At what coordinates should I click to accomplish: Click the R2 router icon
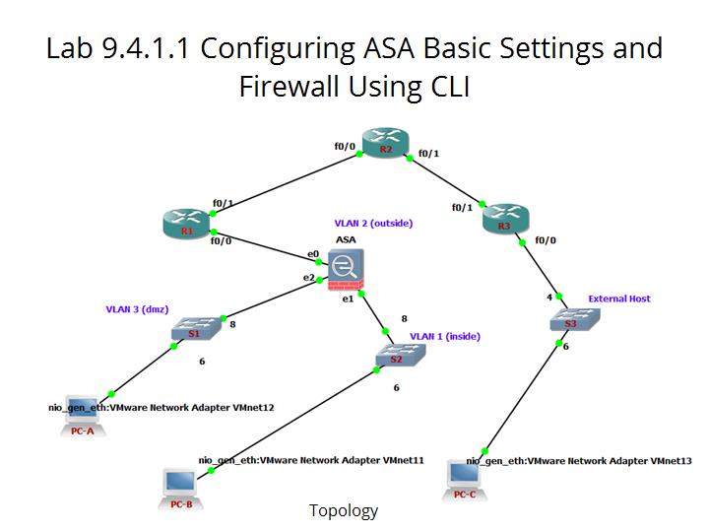(385, 142)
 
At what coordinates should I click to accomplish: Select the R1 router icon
(187, 225)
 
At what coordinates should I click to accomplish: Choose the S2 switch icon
(396, 356)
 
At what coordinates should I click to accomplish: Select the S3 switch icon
(571, 319)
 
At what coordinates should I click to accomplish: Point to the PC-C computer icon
(465, 478)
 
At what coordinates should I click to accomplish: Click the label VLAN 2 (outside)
(373, 224)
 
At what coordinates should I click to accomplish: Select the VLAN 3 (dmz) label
(139, 309)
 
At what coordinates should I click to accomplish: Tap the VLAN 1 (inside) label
(444, 336)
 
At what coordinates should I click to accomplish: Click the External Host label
(619, 299)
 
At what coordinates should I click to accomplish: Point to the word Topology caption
(344, 510)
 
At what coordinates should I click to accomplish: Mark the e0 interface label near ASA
(313, 254)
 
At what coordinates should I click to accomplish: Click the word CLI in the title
(444, 87)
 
